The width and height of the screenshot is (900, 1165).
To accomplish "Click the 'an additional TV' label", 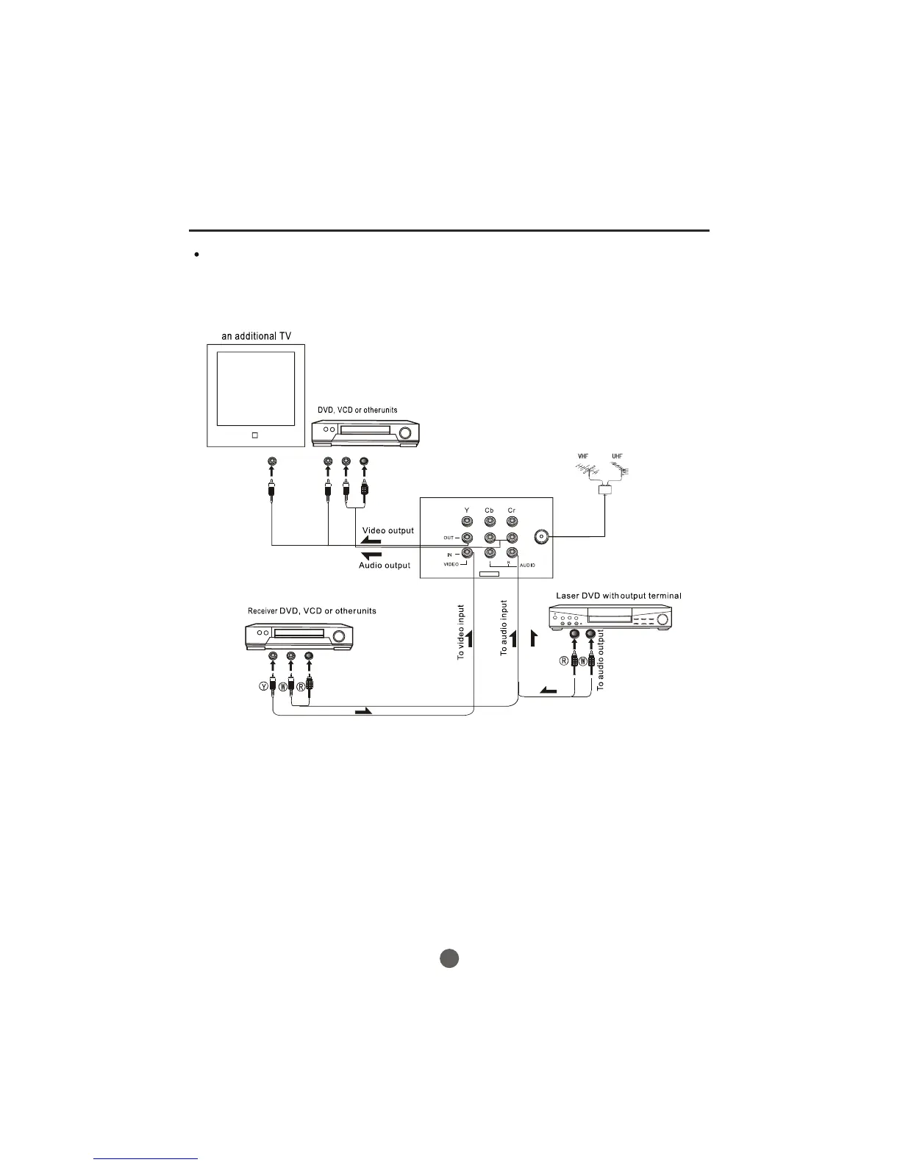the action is click(x=257, y=336).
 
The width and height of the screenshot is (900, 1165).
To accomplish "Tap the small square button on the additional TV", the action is click(x=254, y=435).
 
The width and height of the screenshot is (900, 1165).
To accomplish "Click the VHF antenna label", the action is click(x=582, y=457).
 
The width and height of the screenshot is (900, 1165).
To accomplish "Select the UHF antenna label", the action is click(x=618, y=457).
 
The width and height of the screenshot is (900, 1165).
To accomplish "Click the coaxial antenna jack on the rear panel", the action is click(x=542, y=537).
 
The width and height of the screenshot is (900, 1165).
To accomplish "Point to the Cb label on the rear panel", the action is click(x=489, y=510).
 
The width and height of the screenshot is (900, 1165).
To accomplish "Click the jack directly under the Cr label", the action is click(x=512, y=522).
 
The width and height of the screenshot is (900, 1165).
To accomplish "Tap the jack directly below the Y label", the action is click(x=466, y=522).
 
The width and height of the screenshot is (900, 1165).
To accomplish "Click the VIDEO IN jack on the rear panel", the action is click(x=466, y=554).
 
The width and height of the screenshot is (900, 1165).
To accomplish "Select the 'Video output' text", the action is click(x=387, y=530).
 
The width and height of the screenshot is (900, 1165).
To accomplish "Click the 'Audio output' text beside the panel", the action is click(x=385, y=566).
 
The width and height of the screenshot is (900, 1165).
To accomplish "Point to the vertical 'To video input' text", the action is click(x=461, y=632).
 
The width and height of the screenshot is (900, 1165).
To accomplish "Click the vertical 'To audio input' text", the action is click(x=504, y=628).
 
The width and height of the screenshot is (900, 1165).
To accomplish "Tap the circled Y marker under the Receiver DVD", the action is click(x=263, y=686).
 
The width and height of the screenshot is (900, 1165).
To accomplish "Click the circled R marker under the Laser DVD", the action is click(x=565, y=660).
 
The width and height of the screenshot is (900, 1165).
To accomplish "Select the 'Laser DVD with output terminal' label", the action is click(x=618, y=595).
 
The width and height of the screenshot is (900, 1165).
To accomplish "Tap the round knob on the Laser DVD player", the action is click(x=662, y=620).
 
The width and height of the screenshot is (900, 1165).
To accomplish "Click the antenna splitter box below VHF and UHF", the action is click(x=604, y=487).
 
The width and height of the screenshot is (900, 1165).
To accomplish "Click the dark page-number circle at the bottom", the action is click(x=450, y=958).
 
